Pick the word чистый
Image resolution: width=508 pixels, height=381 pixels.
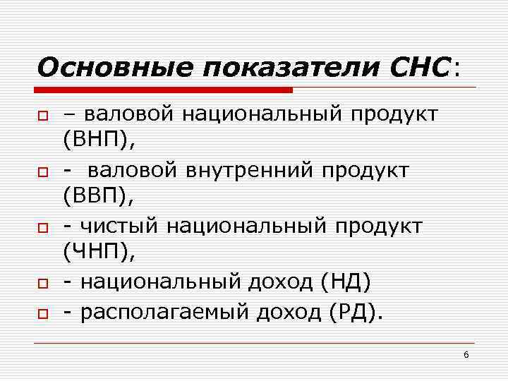[x=121, y=226]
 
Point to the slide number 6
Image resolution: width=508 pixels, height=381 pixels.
[x=466, y=354]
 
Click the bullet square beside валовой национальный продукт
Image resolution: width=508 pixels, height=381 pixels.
[x=42, y=114]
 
